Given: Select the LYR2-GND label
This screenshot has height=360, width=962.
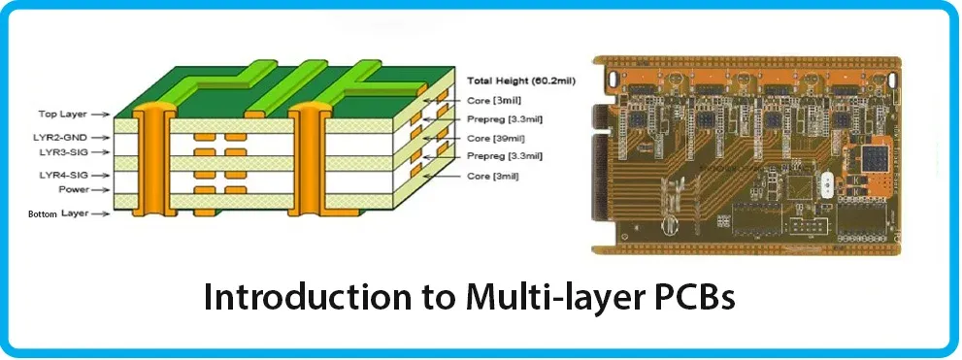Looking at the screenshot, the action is pyautogui.click(x=60, y=138).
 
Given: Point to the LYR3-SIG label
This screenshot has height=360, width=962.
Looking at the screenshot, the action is pyautogui.click(x=60, y=152).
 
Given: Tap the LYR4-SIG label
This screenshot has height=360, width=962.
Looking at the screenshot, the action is pyautogui.click(x=60, y=175).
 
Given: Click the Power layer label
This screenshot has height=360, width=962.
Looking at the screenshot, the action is pyautogui.click(x=74, y=189).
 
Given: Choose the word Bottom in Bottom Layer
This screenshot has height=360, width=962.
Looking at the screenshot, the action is pyautogui.click(x=43, y=213).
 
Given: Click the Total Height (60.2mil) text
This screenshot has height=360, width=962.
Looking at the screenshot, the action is pyautogui.click(x=521, y=81).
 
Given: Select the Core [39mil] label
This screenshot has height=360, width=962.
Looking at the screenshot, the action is pyautogui.click(x=494, y=137).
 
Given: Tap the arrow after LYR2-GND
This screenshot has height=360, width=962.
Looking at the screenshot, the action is pyautogui.click(x=102, y=138).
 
